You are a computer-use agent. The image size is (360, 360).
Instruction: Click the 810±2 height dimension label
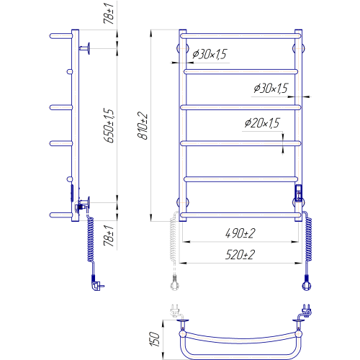(143, 125)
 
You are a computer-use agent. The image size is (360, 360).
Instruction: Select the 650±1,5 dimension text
(109, 125)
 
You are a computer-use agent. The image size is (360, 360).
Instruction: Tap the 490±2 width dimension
(240, 233)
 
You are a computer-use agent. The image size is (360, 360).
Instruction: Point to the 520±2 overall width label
(240, 255)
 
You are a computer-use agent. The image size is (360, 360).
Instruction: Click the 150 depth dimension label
(155, 339)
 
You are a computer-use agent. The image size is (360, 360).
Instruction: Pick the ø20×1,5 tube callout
(262, 123)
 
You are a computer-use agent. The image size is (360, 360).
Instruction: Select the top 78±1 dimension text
(109, 13)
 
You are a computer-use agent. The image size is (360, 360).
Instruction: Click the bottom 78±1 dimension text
(109, 235)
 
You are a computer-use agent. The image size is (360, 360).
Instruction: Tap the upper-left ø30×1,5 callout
(210, 54)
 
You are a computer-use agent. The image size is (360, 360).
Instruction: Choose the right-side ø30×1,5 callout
(271, 89)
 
